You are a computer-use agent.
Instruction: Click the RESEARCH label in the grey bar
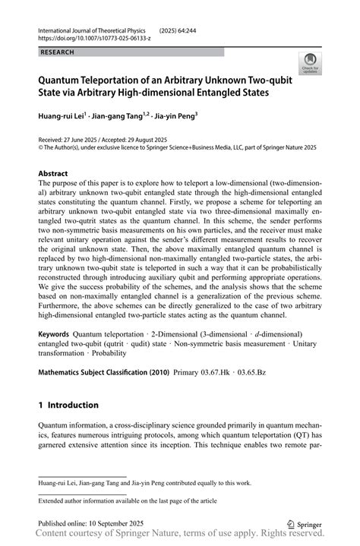click(58, 52)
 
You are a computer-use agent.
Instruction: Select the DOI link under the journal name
click(89, 36)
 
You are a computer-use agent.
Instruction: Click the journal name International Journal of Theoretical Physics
click(87, 28)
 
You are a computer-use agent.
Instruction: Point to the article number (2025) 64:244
click(177, 28)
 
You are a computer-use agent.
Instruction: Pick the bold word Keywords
click(53, 333)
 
